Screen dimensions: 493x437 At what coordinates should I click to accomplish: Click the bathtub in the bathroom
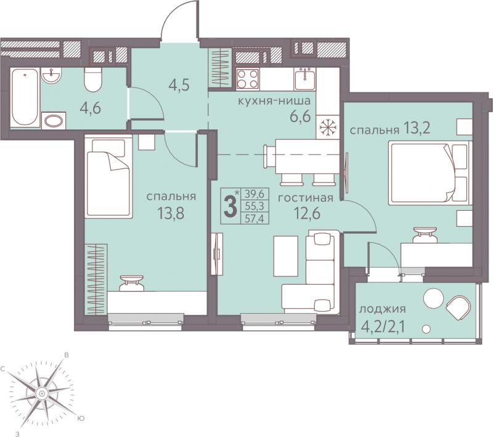click(25, 97)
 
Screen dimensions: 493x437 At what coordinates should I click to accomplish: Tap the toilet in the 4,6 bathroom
click(94, 80)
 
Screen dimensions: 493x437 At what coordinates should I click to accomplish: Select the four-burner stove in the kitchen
click(248, 79)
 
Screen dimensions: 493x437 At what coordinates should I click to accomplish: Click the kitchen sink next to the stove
click(305, 79)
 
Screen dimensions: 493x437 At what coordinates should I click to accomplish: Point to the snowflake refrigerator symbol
click(328, 127)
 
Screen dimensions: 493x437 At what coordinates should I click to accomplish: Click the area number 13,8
click(171, 214)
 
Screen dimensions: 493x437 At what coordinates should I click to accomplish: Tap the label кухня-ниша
click(274, 101)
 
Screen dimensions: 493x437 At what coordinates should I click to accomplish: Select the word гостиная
click(305, 198)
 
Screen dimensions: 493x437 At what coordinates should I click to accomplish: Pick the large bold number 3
click(230, 206)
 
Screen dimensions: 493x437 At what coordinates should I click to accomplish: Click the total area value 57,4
click(255, 218)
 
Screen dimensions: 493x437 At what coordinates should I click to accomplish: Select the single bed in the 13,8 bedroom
click(108, 176)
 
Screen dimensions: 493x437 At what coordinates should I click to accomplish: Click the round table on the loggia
click(433, 298)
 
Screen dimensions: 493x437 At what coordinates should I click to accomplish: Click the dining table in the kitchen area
click(307, 157)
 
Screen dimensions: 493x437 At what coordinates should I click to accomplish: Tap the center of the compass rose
click(41, 393)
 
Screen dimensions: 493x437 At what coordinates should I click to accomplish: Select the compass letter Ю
click(81, 419)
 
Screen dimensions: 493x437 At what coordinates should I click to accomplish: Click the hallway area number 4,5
click(179, 84)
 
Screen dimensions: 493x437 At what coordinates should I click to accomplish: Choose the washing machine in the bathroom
click(54, 120)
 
